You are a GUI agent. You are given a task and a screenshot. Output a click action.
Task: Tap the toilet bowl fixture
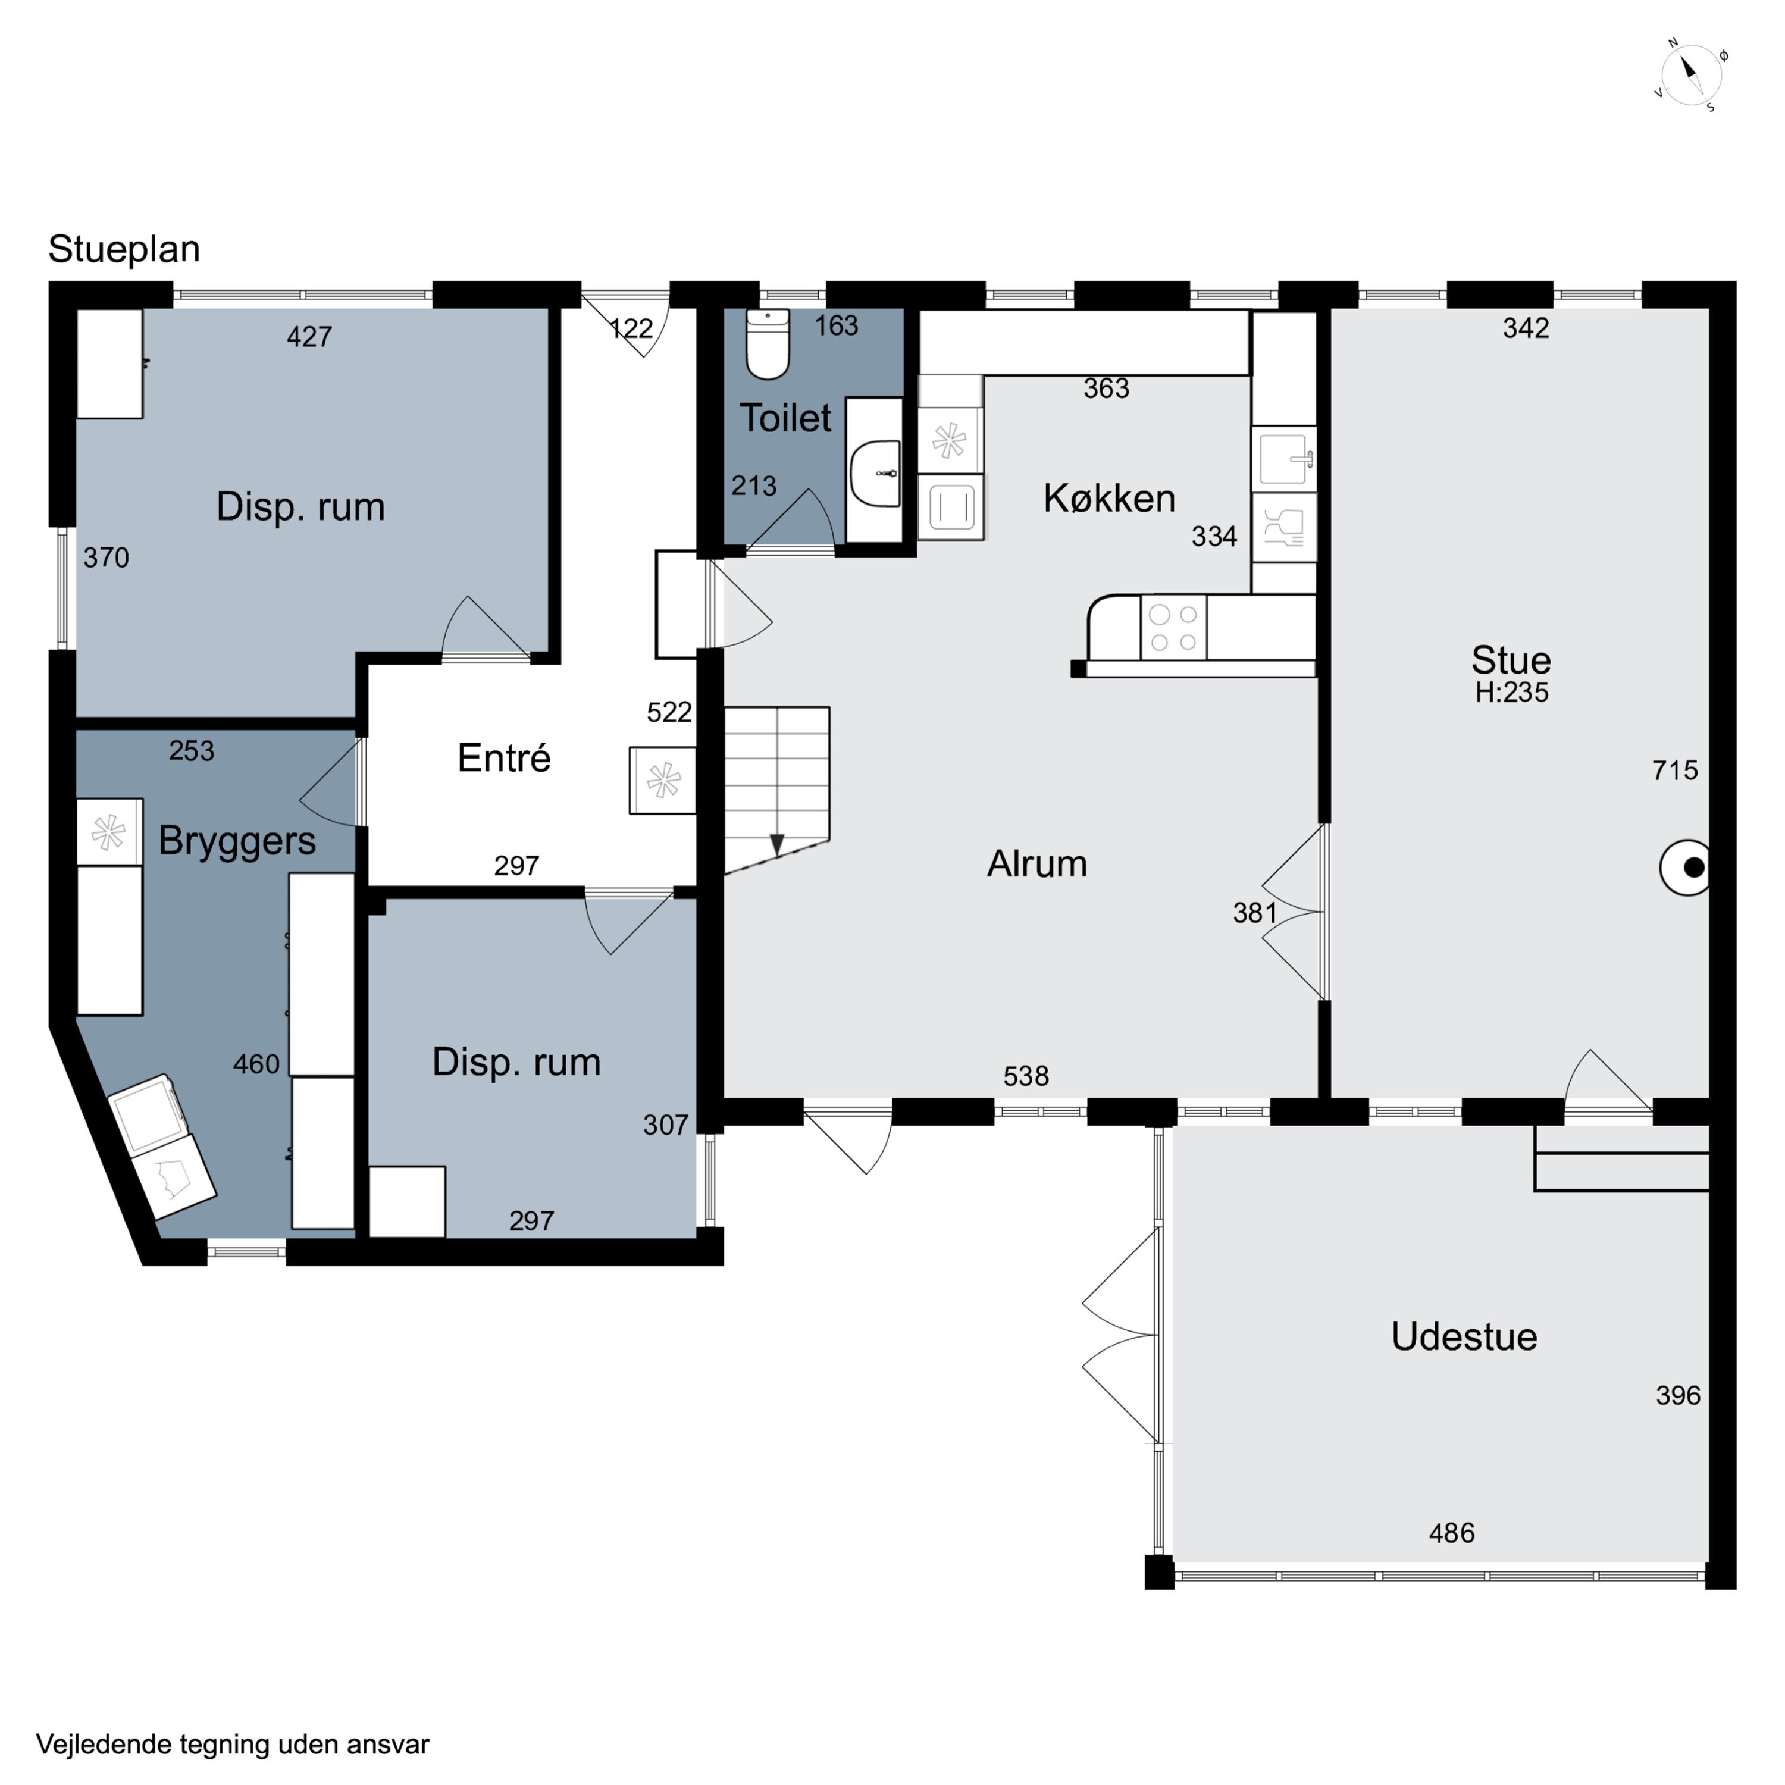tap(768, 344)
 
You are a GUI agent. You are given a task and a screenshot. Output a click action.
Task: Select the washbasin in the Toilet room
tap(875, 473)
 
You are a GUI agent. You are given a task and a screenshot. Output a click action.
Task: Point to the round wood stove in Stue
tap(1684, 868)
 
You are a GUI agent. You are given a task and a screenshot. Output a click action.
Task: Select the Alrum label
tap(1036, 864)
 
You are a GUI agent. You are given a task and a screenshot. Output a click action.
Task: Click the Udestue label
tap(1464, 1337)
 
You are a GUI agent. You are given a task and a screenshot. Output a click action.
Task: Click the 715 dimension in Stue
tap(1675, 771)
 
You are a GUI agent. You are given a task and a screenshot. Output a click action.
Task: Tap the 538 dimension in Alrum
tap(1026, 1076)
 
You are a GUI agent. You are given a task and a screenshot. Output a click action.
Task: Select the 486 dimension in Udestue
tap(1451, 1534)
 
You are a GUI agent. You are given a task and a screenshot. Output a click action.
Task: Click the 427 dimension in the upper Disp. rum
tap(309, 336)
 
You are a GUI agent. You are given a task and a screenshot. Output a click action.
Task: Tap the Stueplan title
tap(124, 249)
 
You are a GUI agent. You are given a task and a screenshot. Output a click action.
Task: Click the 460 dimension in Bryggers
tap(256, 1064)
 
